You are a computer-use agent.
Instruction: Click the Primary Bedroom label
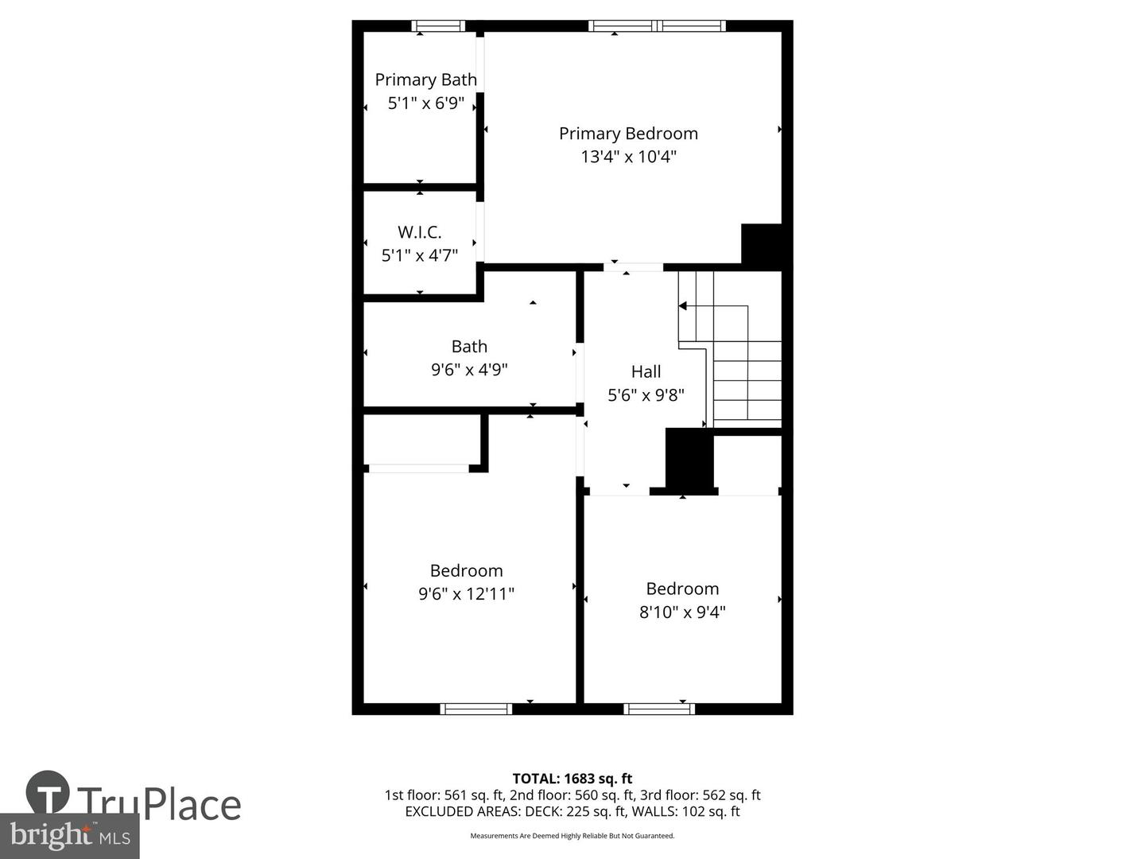[x=628, y=134]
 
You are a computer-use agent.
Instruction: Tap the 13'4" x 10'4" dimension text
[x=628, y=157]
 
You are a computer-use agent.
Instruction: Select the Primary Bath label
[x=425, y=80]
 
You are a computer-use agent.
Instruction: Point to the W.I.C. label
[x=419, y=232]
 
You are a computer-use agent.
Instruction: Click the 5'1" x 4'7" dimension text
[x=419, y=255]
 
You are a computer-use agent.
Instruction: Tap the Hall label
[x=646, y=371]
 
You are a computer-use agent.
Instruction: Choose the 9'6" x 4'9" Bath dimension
[x=469, y=370]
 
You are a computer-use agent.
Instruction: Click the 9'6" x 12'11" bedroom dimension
[x=466, y=594]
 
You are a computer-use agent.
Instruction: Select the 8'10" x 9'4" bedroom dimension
[x=682, y=612]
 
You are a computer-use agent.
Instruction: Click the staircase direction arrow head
[x=682, y=306]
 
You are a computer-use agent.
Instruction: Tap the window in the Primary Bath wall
[x=438, y=26]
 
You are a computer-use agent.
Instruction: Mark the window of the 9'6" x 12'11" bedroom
[x=475, y=709]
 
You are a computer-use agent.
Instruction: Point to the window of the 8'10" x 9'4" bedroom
[x=659, y=709]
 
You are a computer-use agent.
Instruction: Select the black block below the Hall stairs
[x=689, y=459]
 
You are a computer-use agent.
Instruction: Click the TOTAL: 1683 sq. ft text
[x=572, y=779]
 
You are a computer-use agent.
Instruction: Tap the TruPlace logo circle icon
[x=48, y=792]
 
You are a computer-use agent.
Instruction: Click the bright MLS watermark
[x=70, y=835]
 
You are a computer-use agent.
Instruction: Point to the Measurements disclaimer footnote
[x=572, y=836]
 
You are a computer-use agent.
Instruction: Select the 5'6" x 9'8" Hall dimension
[x=646, y=395]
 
